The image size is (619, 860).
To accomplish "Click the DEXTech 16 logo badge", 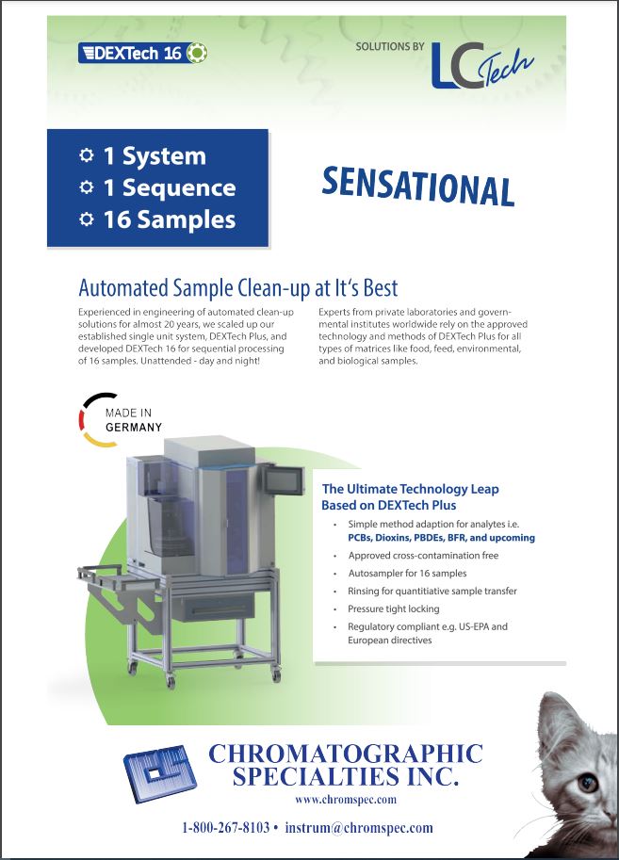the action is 142,53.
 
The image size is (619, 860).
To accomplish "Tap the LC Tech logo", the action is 481,65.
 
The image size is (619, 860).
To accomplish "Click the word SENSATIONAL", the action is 417,187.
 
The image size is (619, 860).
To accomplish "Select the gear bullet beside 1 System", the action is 86,155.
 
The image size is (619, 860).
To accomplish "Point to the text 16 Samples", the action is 170,219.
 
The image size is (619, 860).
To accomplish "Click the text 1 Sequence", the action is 170,187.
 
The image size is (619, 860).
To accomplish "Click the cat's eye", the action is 587,782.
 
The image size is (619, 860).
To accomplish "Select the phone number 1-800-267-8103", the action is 225,827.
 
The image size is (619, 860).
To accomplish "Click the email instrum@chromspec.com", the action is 359,827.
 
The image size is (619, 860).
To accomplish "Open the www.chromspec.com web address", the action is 345,799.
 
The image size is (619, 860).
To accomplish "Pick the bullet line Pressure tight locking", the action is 394,608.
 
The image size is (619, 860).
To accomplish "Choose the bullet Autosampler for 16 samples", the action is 407,573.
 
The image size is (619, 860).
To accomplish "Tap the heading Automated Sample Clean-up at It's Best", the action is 238,287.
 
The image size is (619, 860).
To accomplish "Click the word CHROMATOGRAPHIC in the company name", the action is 346,754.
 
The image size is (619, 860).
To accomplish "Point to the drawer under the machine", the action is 213,608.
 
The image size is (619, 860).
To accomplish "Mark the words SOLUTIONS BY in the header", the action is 390,46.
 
